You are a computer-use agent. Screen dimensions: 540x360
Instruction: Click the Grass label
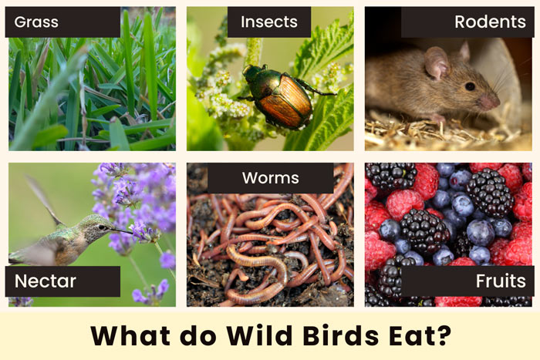(x=36, y=22)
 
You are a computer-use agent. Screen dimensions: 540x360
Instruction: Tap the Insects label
(x=269, y=22)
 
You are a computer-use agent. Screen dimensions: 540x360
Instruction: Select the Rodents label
(x=490, y=22)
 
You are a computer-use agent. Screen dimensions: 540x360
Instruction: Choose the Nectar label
(x=45, y=281)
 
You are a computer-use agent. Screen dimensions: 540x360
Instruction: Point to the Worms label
(x=270, y=178)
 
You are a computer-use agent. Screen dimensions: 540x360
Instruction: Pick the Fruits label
(x=501, y=281)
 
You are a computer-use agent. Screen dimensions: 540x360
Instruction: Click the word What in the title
(x=130, y=335)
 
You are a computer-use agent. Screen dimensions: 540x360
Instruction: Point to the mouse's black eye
(x=470, y=86)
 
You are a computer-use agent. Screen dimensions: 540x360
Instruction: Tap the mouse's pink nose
(x=491, y=102)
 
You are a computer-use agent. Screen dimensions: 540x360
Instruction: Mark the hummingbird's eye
(x=102, y=227)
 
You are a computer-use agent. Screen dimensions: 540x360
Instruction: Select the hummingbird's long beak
(x=122, y=230)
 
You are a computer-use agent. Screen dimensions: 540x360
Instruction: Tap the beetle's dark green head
(x=252, y=72)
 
